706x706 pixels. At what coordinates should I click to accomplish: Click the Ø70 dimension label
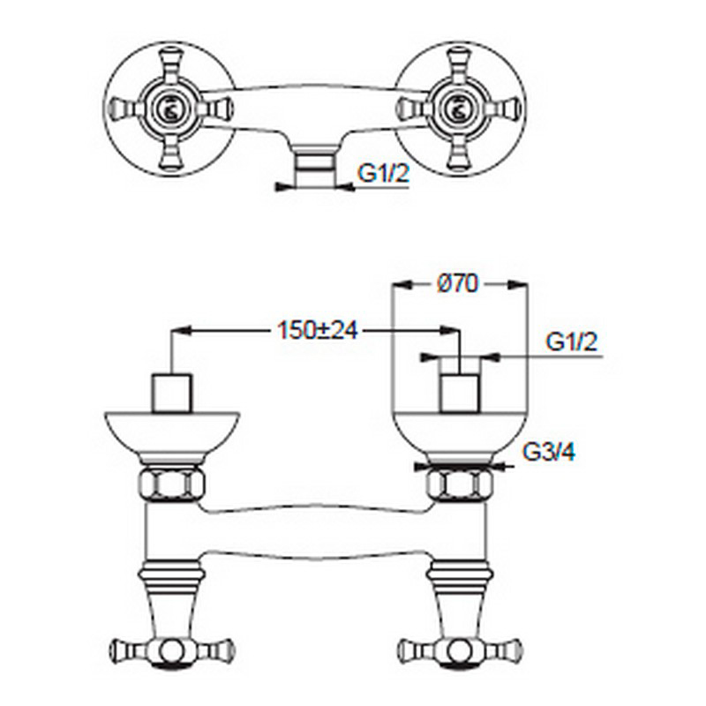pyautogui.click(x=457, y=284)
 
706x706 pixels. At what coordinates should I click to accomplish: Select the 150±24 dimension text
pyautogui.click(x=318, y=330)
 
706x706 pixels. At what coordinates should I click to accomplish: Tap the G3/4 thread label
pyautogui.click(x=549, y=452)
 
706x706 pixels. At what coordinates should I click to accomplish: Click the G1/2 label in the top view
pyautogui.click(x=383, y=173)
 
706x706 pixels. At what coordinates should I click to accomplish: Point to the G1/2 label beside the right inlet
pyautogui.click(x=571, y=342)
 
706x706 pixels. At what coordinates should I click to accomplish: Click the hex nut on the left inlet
pyautogui.click(x=170, y=484)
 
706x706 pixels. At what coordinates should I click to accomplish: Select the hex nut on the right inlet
pyautogui.click(x=460, y=484)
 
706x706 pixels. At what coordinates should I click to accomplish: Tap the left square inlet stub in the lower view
pyautogui.click(x=172, y=393)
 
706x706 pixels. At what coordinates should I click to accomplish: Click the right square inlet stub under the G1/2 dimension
pyautogui.click(x=459, y=393)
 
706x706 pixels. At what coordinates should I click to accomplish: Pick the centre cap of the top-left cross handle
pyautogui.click(x=169, y=109)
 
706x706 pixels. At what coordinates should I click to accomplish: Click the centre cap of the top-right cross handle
pyautogui.click(x=458, y=109)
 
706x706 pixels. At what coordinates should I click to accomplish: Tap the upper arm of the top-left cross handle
pyautogui.click(x=170, y=64)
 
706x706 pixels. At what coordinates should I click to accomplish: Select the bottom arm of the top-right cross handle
pyautogui.click(x=458, y=152)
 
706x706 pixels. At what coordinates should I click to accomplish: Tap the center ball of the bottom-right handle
pyautogui.click(x=460, y=650)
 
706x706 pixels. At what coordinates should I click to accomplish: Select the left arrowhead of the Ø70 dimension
pyautogui.click(x=401, y=284)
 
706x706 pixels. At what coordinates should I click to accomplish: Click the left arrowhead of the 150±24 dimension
pyautogui.click(x=182, y=330)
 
